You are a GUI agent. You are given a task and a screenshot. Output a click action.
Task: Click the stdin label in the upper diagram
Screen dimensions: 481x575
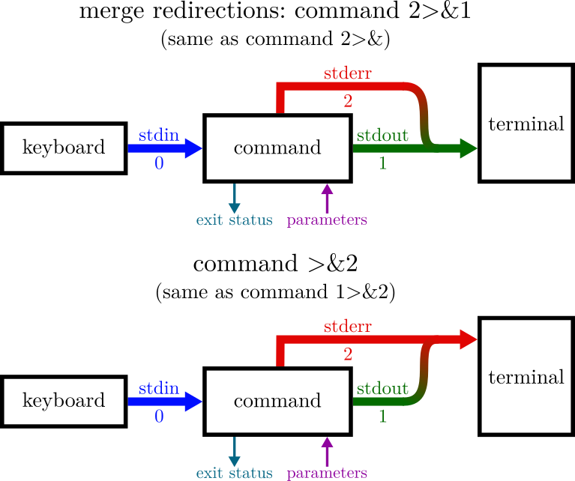coord(159,136)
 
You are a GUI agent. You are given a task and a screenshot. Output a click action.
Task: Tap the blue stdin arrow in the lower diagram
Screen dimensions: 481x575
coord(165,402)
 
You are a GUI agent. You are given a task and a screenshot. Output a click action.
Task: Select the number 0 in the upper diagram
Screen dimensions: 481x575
coord(159,163)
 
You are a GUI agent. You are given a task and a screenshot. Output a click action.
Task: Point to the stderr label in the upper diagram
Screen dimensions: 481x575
coord(348,73)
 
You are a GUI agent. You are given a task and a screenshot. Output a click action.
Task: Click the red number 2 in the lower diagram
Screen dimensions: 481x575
coord(348,354)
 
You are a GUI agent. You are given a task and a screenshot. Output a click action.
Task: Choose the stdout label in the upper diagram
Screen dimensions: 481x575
coord(382,136)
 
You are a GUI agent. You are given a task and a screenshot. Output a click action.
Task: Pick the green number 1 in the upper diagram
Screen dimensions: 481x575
coord(382,163)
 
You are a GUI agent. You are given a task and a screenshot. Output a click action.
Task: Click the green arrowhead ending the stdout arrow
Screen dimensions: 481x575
coord(469,148)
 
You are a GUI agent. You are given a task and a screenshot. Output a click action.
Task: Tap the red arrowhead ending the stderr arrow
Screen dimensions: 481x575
coord(469,339)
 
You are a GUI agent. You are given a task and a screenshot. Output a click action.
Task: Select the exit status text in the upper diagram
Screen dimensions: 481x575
coord(234,220)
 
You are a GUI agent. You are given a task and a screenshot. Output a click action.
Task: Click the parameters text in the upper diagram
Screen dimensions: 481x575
coord(327,220)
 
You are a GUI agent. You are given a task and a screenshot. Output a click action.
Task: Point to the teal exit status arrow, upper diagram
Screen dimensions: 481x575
coord(235,199)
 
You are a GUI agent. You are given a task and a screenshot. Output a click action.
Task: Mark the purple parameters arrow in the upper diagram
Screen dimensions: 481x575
coord(327,199)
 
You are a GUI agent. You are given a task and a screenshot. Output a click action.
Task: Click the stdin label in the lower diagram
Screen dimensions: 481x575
coord(159,389)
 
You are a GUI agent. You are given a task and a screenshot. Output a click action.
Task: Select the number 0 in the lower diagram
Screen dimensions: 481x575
coord(159,417)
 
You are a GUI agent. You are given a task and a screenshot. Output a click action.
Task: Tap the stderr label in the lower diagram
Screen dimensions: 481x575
coord(348,327)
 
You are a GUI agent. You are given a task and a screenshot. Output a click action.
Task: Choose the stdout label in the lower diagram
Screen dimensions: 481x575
coord(382,389)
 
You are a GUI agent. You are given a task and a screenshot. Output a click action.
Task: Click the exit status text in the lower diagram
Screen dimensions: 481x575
coord(234,474)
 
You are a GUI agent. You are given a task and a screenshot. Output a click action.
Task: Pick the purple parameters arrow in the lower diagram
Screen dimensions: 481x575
coord(327,452)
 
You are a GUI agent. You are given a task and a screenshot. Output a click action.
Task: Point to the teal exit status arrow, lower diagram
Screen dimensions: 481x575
coord(235,452)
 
